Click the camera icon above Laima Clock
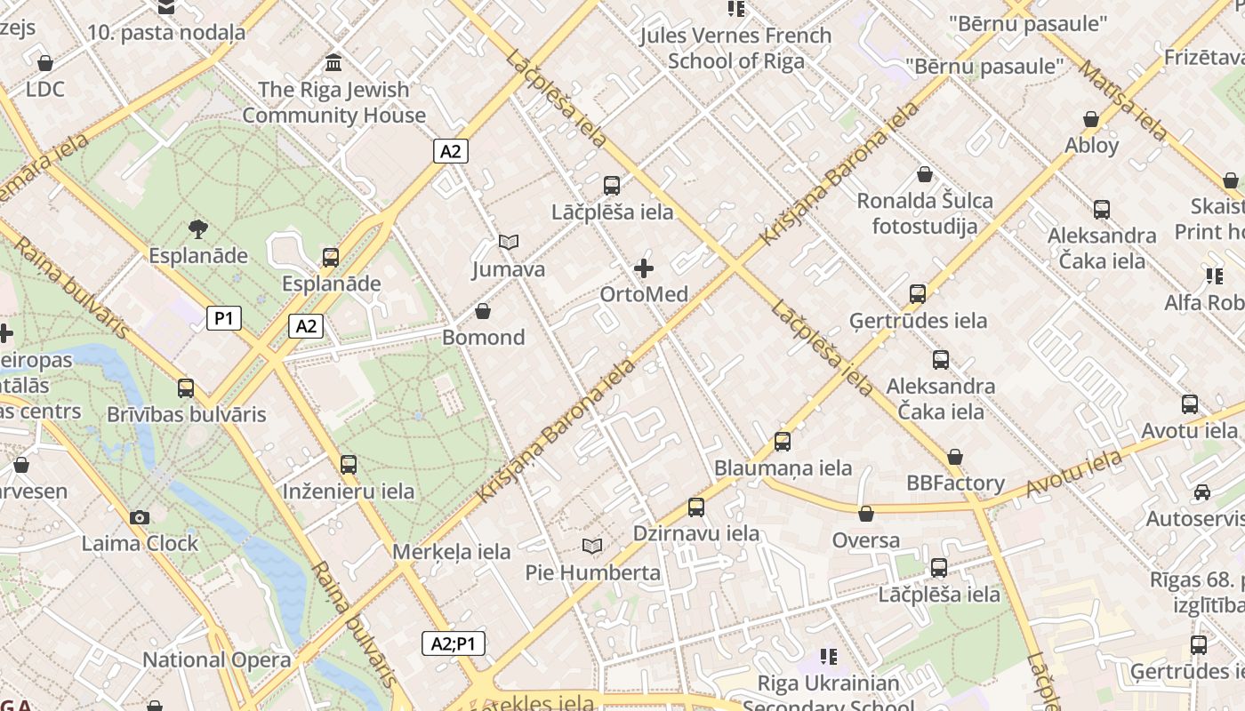[139, 517]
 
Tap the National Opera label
[216, 659]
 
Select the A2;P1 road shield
[453, 643]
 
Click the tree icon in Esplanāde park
[198, 229]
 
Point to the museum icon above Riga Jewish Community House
[334, 63]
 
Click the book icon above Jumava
[509, 242]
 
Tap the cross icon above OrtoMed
[644, 268]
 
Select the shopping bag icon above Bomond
[483, 311]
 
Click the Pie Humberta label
[592, 572]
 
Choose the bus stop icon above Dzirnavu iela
[696, 507]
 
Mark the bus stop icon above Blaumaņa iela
[783, 442]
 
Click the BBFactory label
[955, 483]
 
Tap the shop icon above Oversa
[866, 514]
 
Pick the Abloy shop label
[1091, 145]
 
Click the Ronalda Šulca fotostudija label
[925, 213]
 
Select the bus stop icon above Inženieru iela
[349, 465]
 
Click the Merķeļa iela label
[452, 552]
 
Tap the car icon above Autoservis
[1201, 492]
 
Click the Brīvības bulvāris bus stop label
[186, 414]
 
